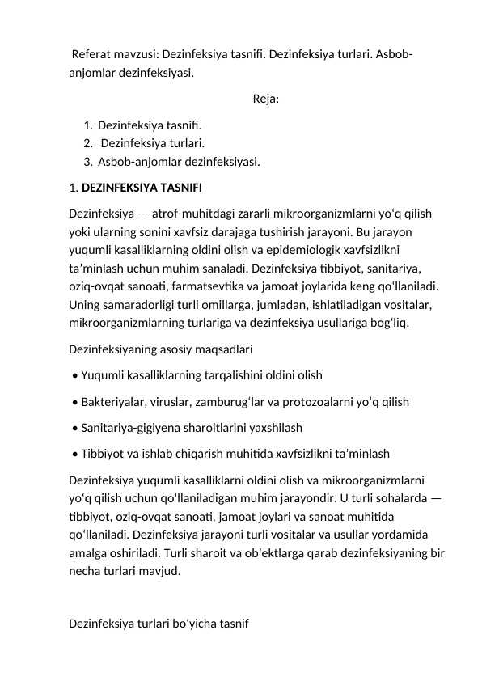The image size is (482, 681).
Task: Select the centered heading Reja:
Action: pos(266,99)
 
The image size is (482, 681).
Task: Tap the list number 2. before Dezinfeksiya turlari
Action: pos(87,144)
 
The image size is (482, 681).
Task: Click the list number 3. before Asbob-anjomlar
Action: pos(87,162)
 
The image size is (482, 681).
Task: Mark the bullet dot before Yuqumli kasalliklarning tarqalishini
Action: pos(74,375)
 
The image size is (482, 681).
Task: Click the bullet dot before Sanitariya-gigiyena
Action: pos(74,428)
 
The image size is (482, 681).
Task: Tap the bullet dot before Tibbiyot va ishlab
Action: pos(74,454)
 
